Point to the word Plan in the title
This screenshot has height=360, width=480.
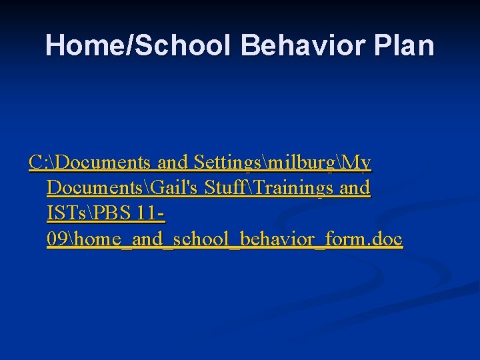click(x=405, y=46)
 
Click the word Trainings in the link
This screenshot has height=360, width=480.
click(x=293, y=188)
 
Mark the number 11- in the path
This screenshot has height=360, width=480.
click(x=151, y=214)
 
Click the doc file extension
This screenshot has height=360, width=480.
click(x=387, y=239)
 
